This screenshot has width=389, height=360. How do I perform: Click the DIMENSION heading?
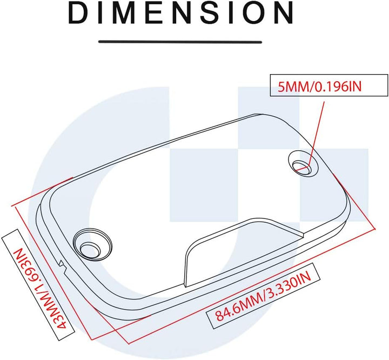180,12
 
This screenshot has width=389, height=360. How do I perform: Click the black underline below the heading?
180,42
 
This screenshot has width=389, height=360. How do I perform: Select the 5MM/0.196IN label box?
328,85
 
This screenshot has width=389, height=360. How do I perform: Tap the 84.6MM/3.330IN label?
263,296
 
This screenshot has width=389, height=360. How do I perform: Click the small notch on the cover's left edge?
62,266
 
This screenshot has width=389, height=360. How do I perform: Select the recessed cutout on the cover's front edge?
244,251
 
